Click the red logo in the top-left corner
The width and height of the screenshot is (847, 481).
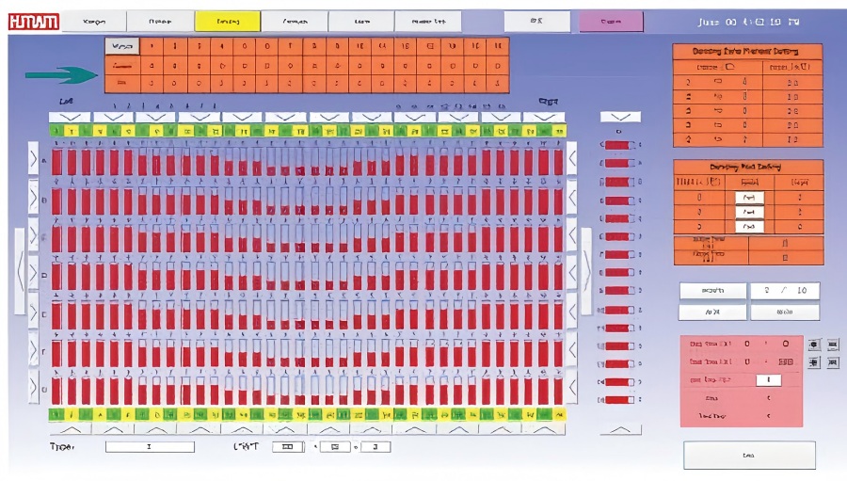click(x=33, y=21)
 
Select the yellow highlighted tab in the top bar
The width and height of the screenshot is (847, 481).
click(x=227, y=21)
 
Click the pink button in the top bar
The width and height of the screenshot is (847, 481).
click(x=611, y=21)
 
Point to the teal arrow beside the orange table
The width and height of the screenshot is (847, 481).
click(x=62, y=74)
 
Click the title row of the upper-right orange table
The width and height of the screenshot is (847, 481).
click(x=747, y=53)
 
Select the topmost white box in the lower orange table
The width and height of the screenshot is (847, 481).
click(x=749, y=198)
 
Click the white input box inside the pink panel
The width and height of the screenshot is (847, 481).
click(x=769, y=379)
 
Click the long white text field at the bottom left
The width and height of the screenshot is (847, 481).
click(x=150, y=446)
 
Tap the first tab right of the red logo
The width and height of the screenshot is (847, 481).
click(x=93, y=21)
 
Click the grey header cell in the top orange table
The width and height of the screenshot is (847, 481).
click(x=121, y=46)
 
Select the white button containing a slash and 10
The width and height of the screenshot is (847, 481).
click(x=784, y=291)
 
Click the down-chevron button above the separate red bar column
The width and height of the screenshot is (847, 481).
click(x=620, y=117)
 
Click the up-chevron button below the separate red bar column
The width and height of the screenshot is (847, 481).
click(x=620, y=429)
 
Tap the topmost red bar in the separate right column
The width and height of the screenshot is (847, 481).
click(x=617, y=146)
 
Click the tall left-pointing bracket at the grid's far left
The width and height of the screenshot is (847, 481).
click(x=21, y=270)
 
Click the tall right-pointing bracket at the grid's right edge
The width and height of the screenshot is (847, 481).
click(x=585, y=270)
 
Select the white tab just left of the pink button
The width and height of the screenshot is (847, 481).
click(x=535, y=21)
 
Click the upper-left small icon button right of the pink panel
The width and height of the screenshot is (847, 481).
click(x=814, y=345)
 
